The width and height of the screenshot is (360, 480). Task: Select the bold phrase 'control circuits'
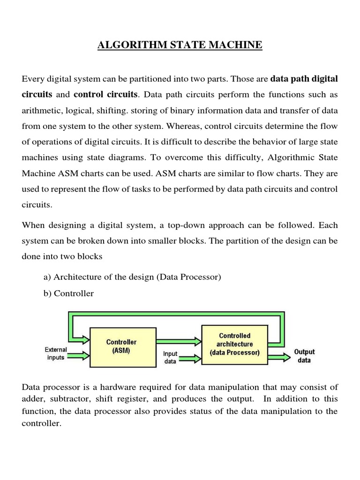coord(105,94)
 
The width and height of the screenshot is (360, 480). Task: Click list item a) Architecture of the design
coord(132,277)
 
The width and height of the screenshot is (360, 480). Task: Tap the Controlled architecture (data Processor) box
coord(234,344)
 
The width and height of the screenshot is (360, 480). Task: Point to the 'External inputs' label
coord(56,353)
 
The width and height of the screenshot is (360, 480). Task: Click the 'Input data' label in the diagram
coord(170,357)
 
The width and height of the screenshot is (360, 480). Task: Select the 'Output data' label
coord(304,356)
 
